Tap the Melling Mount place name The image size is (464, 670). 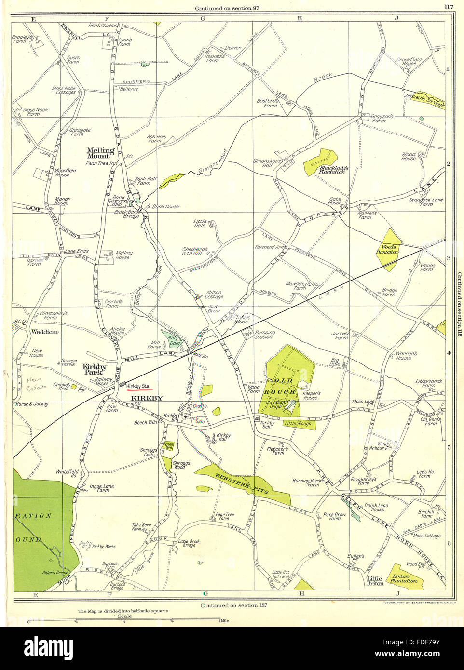100,153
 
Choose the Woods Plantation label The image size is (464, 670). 387,249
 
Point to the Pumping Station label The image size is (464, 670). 264,335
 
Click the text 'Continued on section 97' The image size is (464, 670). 226,8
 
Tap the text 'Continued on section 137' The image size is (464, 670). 233,605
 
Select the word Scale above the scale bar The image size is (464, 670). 124,616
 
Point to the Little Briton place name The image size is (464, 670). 375,581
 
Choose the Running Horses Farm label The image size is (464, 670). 306,482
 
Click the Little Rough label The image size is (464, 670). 297,424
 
